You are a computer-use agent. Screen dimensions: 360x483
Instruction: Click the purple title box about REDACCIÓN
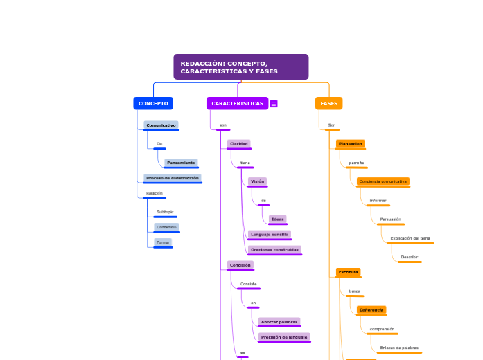(240, 67)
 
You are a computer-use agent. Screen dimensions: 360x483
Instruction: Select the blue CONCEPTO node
(153, 103)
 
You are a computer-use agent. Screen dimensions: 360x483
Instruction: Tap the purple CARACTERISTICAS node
(237, 103)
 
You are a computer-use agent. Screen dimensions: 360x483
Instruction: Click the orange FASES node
(328, 103)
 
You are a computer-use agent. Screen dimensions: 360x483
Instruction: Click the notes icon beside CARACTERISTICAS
(274, 104)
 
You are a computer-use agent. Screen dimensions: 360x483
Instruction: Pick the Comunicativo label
(161, 125)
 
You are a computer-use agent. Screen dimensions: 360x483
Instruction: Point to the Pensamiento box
(181, 163)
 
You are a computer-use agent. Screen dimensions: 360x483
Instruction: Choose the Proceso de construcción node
(173, 178)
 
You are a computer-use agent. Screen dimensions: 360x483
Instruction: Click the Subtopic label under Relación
(165, 212)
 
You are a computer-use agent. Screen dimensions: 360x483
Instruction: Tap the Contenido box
(166, 227)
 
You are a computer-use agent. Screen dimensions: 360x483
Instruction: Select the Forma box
(163, 242)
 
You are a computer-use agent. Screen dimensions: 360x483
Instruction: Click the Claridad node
(239, 143)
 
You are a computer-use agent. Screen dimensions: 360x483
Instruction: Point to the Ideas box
(278, 219)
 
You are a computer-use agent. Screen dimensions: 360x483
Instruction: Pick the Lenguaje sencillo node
(269, 234)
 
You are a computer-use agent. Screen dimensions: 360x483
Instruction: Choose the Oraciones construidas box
(274, 249)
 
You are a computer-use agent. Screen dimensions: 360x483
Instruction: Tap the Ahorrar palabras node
(279, 322)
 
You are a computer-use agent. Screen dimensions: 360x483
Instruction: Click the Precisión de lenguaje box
(284, 337)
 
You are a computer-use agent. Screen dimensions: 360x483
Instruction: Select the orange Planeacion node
(351, 144)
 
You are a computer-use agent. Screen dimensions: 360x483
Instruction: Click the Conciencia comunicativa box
(383, 181)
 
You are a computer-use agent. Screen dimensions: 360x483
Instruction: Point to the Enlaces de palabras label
(399, 348)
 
